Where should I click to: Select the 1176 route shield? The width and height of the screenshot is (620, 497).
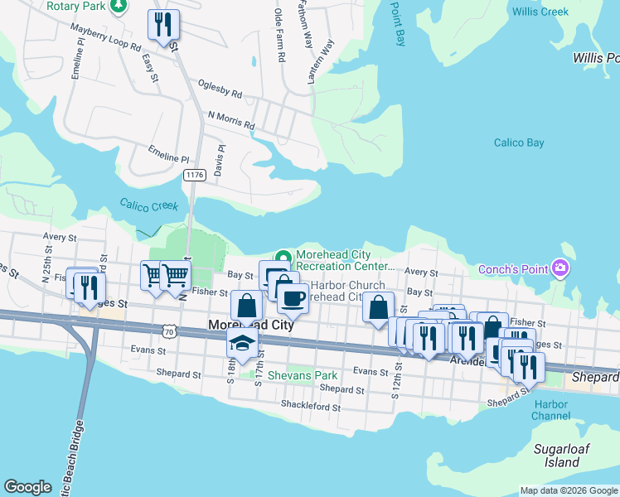point(194,175)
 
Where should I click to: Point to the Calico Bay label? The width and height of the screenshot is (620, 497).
point(519,142)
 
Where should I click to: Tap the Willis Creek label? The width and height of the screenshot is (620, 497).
point(540,12)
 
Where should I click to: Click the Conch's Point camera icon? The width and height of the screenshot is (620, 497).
point(561,268)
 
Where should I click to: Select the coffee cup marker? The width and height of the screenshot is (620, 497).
point(292,297)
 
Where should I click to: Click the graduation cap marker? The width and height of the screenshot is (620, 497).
point(241,345)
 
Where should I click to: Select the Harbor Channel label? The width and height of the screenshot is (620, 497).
point(551,410)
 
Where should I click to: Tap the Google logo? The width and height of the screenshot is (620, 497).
point(28,487)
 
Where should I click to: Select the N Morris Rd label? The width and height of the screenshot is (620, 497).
point(231,120)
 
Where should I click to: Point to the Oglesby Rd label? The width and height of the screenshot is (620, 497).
point(220,89)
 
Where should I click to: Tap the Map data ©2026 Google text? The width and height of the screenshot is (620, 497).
point(568,490)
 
